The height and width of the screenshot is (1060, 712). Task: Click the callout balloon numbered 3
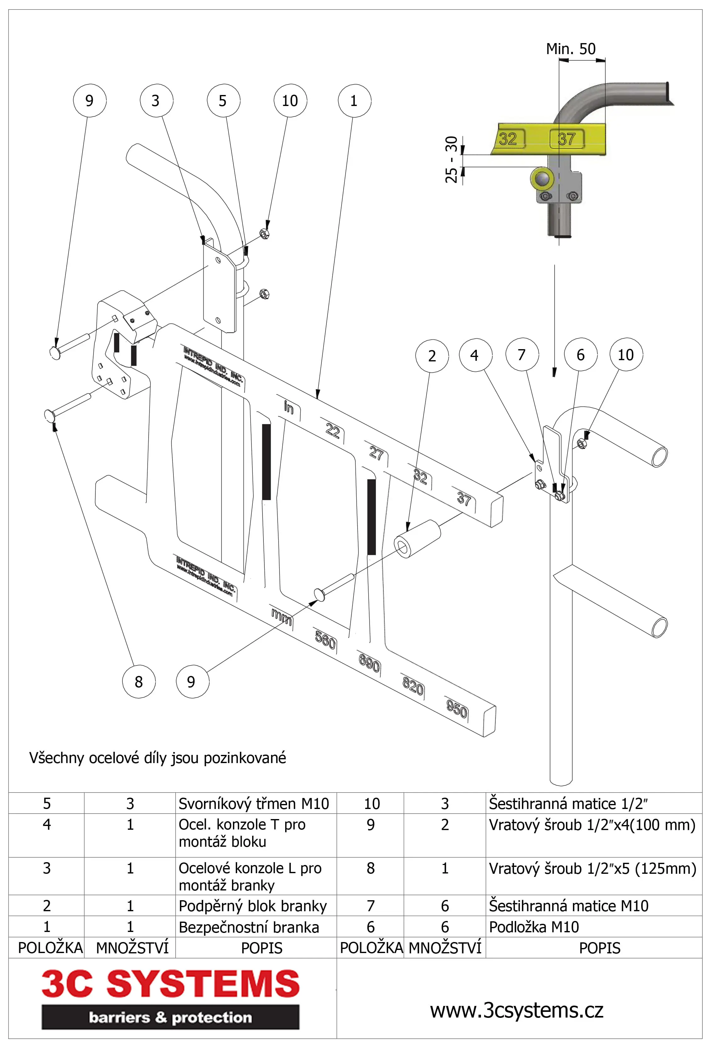click(156, 101)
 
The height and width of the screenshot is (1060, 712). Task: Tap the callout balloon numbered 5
click(223, 101)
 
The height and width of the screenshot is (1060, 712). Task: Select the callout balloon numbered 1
click(354, 101)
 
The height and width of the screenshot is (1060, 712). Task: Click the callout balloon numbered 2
click(432, 356)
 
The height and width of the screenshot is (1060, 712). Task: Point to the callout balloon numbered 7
click(522, 354)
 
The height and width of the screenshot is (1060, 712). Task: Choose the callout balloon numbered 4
click(475, 355)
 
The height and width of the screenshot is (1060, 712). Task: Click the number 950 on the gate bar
click(457, 708)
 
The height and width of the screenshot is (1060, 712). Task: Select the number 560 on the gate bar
click(325, 640)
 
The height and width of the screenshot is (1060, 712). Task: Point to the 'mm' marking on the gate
click(281, 616)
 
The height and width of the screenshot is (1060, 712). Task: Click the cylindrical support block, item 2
click(417, 538)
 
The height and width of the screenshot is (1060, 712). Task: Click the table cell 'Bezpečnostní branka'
click(249, 927)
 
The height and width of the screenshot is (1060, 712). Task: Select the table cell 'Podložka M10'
click(534, 927)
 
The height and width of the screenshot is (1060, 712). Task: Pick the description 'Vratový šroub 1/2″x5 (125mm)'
click(592, 868)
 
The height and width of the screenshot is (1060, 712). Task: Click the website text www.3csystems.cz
click(516, 1010)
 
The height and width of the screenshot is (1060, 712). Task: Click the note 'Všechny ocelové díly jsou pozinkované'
click(158, 758)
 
